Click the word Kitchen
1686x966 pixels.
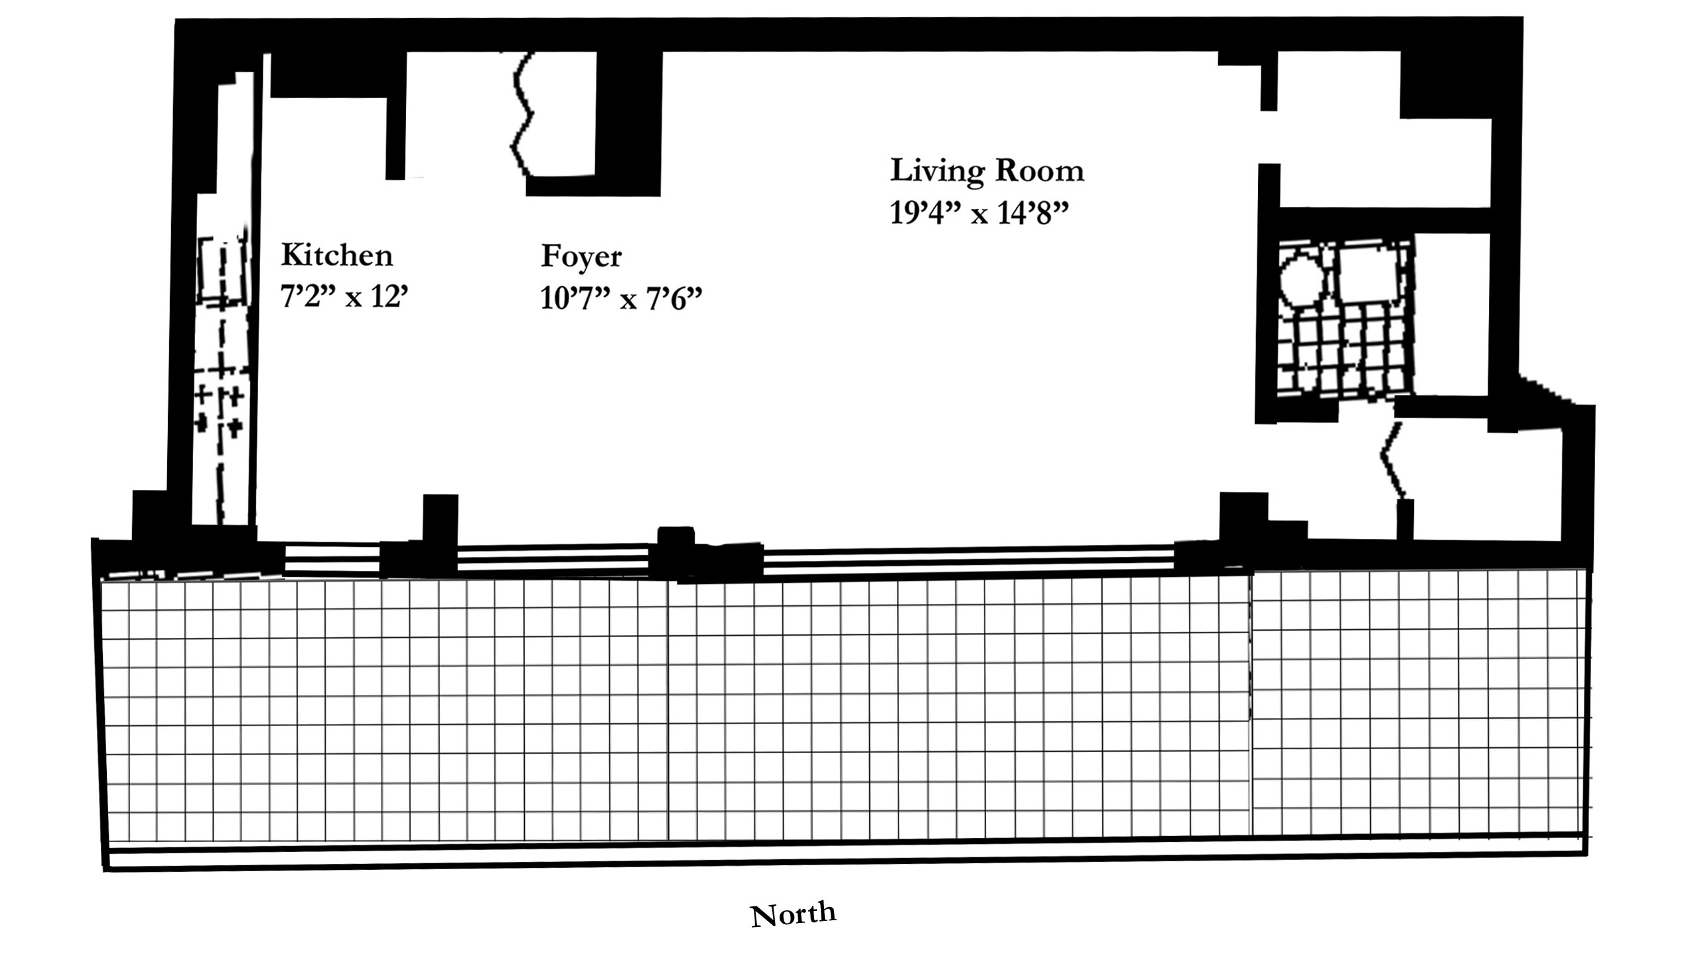tap(337, 255)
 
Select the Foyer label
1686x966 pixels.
tap(581, 257)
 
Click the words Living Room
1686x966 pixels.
tap(987, 170)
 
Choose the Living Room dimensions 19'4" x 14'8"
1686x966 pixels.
tap(980, 213)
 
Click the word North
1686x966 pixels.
tap(793, 914)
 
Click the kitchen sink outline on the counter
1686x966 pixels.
tap(223, 272)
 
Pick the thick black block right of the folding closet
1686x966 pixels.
tap(628, 123)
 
